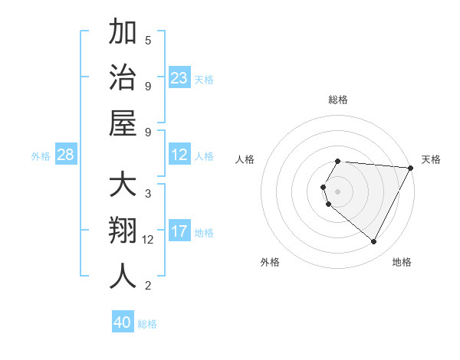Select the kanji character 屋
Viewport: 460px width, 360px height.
pyautogui.click(x=123, y=122)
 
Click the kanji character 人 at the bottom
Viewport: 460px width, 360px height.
pyautogui.click(x=123, y=276)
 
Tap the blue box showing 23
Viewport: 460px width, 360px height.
pyautogui.click(x=179, y=77)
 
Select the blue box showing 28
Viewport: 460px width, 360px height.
pyautogui.click(x=66, y=155)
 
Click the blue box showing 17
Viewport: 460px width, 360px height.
pyautogui.click(x=179, y=231)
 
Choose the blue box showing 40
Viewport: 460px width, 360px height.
pyautogui.click(x=123, y=322)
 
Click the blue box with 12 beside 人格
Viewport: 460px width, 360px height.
pyautogui.click(x=179, y=155)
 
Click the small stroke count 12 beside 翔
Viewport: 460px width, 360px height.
pyautogui.click(x=148, y=239)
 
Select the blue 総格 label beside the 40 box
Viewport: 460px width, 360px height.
pyautogui.click(x=147, y=324)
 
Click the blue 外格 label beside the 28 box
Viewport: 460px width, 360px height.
pyautogui.click(x=41, y=155)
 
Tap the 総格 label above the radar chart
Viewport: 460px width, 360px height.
pyautogui.click(x=338, y=100)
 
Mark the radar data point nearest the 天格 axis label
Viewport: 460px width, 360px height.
pyautogui.click(x=411, y=168)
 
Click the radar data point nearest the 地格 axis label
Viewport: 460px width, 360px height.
pyautogui.click(x=374, y=242)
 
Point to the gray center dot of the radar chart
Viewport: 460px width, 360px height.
pyautogui.click(x=338, y=191)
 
